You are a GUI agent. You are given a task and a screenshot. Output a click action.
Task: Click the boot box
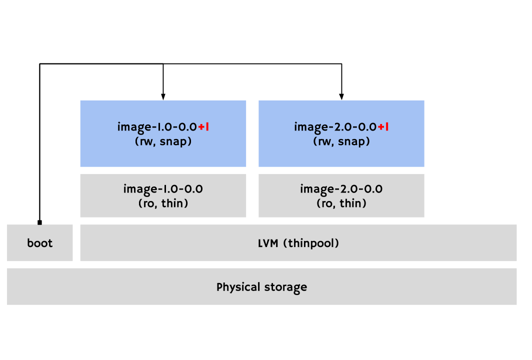(40, 243)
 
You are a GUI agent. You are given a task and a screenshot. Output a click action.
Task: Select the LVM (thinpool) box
(298, 243)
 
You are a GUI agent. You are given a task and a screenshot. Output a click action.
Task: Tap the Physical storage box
(261, 286)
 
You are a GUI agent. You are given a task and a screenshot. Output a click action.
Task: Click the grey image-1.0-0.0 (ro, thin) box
(163, 195)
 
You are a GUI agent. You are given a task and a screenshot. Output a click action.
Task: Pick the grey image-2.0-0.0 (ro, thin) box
(341, 195)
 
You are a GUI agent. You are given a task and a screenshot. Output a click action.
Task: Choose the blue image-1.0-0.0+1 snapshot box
(163, 133)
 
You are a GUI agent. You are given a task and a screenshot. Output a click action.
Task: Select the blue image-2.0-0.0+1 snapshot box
(341, 133)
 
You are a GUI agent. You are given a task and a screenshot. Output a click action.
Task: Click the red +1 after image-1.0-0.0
(203, 127)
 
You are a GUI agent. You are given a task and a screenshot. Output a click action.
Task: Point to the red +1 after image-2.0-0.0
(383, 127)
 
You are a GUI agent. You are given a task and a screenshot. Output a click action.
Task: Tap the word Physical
(235, 287)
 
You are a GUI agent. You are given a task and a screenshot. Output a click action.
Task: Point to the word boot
(40, 243)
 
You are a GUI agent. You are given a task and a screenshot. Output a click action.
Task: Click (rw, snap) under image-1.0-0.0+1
(163, 141)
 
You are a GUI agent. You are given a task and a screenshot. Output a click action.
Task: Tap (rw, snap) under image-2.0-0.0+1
(341, 141)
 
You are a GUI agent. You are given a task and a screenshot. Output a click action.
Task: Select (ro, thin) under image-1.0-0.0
(163, 203)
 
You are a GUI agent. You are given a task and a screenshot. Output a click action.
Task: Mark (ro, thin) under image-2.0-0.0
(341, 203)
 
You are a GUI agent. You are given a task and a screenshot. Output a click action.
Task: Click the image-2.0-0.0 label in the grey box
(341, 189)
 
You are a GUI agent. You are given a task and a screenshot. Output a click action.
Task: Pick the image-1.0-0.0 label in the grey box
(163, 189)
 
